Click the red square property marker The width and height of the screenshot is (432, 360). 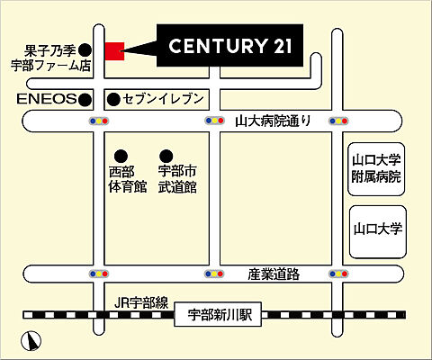click(113, 51)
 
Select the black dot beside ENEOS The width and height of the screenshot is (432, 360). click(85, 97)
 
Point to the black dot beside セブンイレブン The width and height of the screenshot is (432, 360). click(113, 97)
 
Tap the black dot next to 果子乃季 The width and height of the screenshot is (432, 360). click(85, 49)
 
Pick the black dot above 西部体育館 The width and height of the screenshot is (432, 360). click(120, 154)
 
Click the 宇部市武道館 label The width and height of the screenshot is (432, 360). click(177, 179)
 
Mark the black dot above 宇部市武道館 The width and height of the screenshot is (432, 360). click(166, 154)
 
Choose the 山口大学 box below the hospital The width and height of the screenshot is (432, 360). click(376, 229)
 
